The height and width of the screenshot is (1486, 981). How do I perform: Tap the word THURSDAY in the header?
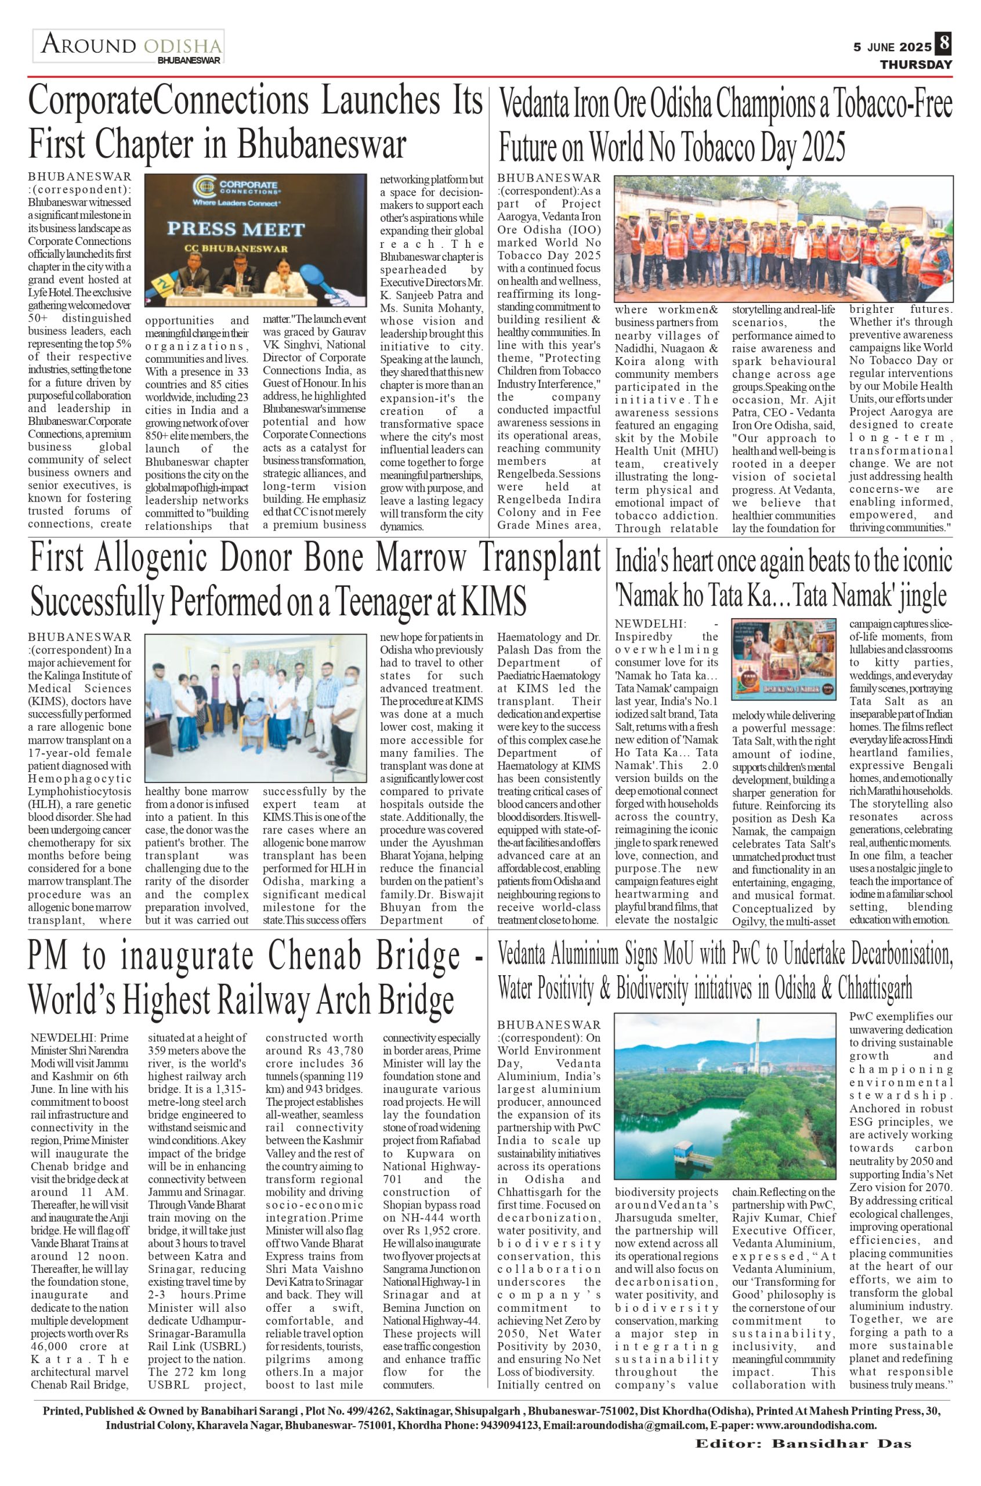916,64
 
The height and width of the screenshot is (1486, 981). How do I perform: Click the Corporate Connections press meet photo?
255,240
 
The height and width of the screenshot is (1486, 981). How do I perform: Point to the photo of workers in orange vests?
783,239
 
